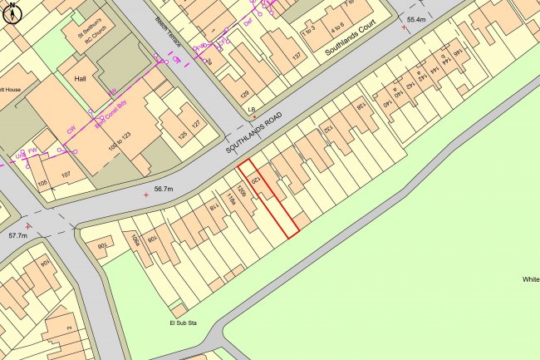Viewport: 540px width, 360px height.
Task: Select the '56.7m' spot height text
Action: (161, 190)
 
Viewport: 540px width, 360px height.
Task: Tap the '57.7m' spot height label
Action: (18, 237)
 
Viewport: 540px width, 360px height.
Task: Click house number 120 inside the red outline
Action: (255, 180)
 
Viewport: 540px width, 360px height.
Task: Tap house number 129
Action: (244, 94)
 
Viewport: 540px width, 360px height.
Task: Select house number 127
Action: (197, 124)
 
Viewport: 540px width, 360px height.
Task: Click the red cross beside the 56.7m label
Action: (147, 195)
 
